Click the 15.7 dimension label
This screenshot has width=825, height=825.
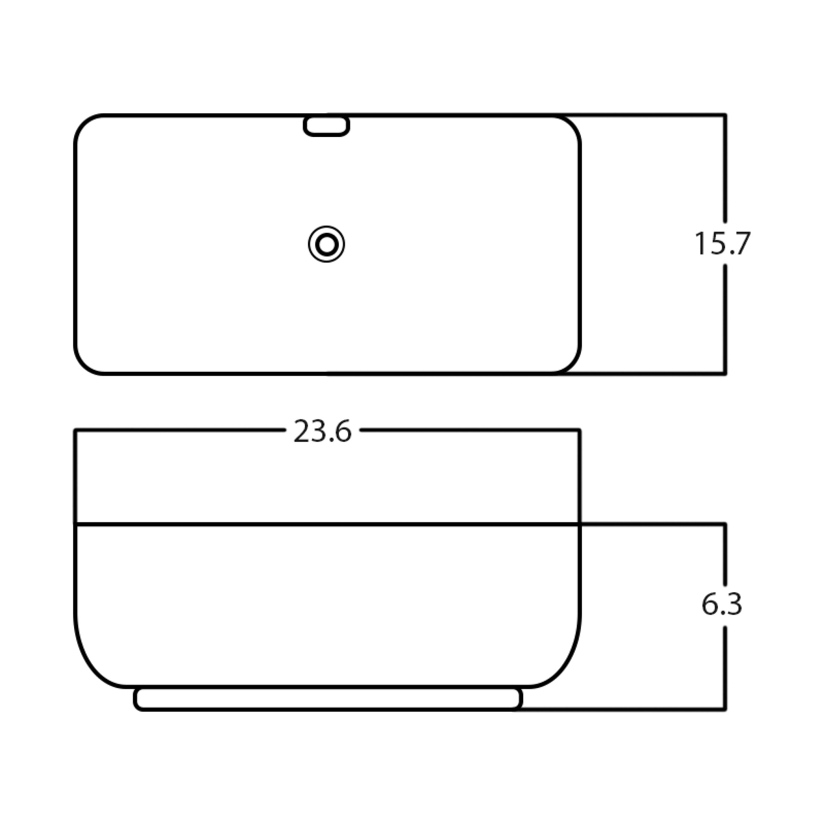tap(722, 244)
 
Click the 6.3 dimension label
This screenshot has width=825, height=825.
tap(722, 604)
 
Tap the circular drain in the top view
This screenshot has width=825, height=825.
tap(327, 245)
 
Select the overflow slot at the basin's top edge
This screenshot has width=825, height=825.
tap(327, 126)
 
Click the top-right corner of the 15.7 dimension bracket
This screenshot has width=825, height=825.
tap(725, 115)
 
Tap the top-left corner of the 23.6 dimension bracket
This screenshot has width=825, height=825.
tap(75, 430)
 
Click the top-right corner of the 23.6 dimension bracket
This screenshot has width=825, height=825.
tap(580, 430)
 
